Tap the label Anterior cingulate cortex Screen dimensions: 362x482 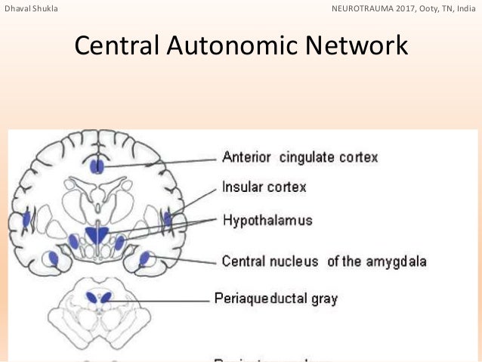[299, 157]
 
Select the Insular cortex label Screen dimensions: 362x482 [264, 186]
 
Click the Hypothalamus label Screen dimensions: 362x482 [267, 221]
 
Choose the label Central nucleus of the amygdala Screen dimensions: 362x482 [324, 261]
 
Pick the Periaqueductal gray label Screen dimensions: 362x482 [276, 298]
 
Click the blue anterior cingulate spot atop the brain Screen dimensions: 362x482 [97, 166]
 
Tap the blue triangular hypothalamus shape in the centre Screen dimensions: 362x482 [96, 234]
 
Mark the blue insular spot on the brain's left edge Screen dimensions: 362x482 [26, 220]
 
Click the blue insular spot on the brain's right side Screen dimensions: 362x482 [168, 220]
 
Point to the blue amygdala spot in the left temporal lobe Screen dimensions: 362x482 [53, 258]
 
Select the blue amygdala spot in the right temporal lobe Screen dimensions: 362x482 [144, 258]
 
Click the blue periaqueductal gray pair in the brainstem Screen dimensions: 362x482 [98, 297]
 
